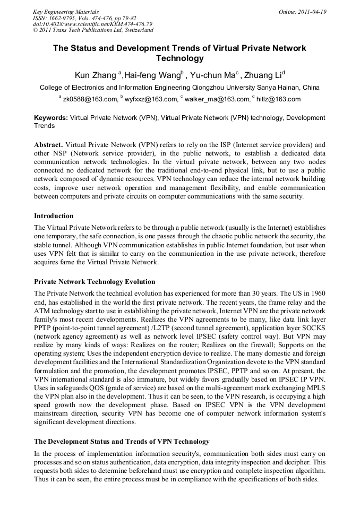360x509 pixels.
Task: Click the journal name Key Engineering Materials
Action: pyautogui.click(x=66, y=12)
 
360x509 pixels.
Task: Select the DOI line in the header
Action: pyautogui.click(x=93, y=24)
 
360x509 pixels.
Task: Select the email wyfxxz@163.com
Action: pyautogui.click(x=151, y=99)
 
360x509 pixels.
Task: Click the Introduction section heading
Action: pyautogui.click(x=54, y=216)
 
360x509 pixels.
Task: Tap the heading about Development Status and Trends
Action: pyautogui.click(x=122, y=442)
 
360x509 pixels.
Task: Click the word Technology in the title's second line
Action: pyautogui.click(x=179, y=59)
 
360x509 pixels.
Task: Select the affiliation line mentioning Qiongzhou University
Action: pyautogui.click(x=179, y=88)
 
